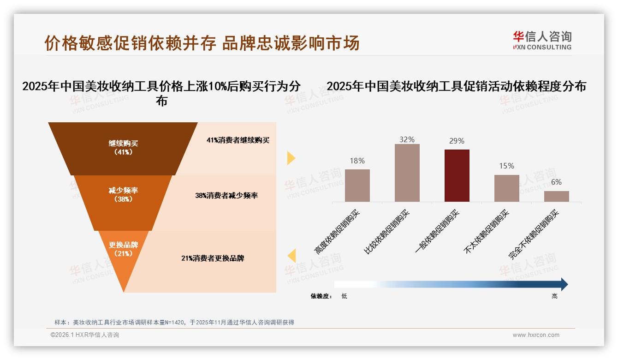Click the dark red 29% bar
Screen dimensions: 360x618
click(457, 175)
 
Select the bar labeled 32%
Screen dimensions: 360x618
click(407, 173)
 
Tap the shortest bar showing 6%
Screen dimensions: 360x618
click(556, 196)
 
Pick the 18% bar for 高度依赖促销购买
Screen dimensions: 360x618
click(357, 185)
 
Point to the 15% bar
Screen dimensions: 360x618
click(506, 188)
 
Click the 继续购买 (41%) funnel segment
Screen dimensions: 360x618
click(123, 148)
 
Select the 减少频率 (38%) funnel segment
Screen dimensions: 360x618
click(123, 195)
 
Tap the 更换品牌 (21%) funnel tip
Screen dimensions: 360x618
click(123, 252)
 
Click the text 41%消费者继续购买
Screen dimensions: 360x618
click(238, 140)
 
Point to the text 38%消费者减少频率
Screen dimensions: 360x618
click(226, 196)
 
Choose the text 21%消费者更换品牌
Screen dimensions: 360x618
click(213, 258)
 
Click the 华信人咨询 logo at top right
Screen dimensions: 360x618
click(542, 41)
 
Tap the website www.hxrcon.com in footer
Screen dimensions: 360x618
click(535, 335)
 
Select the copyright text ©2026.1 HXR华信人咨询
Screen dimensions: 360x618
click(84, 335)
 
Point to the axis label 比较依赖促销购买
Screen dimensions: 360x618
click(386, 233)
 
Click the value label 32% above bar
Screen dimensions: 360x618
click(407, 139)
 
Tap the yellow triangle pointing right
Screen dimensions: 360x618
click(291, 158)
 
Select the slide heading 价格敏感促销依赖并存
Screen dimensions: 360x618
click(130, 43)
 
